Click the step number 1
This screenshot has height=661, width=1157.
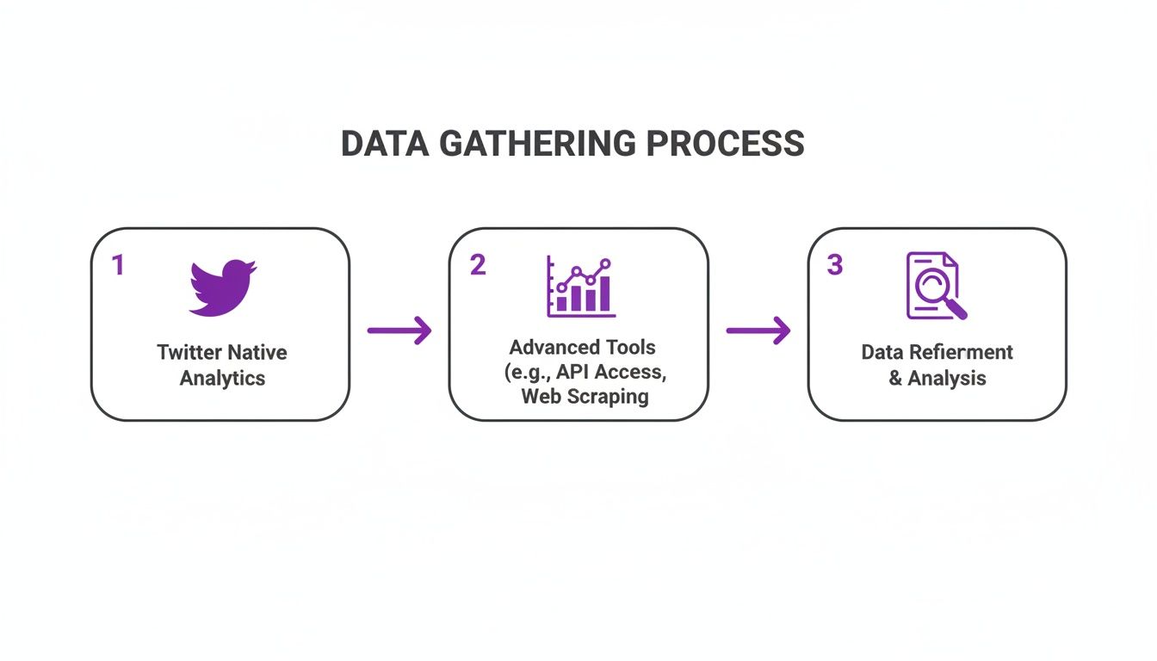[x=118, y=265]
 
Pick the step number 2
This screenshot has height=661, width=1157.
[x=477, y=265]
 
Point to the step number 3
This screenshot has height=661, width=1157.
[x=834, y=265]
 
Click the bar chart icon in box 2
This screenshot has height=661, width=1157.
[x=581, y=287]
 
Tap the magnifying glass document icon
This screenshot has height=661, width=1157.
[x=936, y=287]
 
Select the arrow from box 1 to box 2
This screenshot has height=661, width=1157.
[x=399, y=330]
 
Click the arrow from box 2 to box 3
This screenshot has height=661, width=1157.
[x=758, y=330]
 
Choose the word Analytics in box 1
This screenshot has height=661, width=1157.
[x=222, y=378]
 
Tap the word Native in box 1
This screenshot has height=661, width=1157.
[x=257, y=352]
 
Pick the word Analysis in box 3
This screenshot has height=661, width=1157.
[x=947, y=378]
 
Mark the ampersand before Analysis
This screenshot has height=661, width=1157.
[x=895, y=378]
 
